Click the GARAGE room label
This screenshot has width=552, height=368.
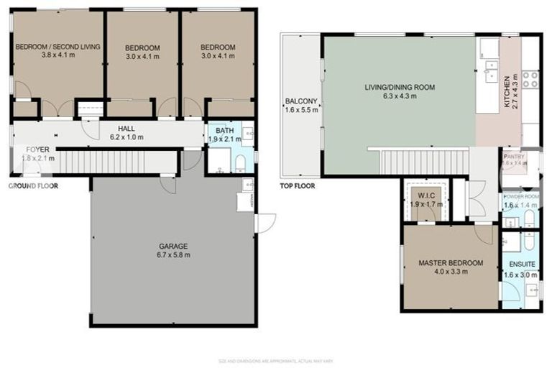[x=172, y=246]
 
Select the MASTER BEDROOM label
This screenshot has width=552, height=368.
[x=451, y=263]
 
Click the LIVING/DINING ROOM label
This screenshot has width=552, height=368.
[x=399, y=88]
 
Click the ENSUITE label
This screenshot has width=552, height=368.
[x=520, y=264]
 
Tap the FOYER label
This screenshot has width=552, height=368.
[x=37, y=149]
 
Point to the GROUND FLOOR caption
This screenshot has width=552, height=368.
[x=33, y=185]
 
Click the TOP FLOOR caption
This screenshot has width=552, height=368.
[x=298, y=185]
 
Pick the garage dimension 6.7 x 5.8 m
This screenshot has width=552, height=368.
[x=172, y=254]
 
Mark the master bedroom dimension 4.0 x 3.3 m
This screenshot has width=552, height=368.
[x=451, y=272]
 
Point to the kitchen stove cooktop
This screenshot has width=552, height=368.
[x=530, y=79]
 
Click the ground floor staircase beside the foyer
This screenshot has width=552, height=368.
[x=115, y=161]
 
